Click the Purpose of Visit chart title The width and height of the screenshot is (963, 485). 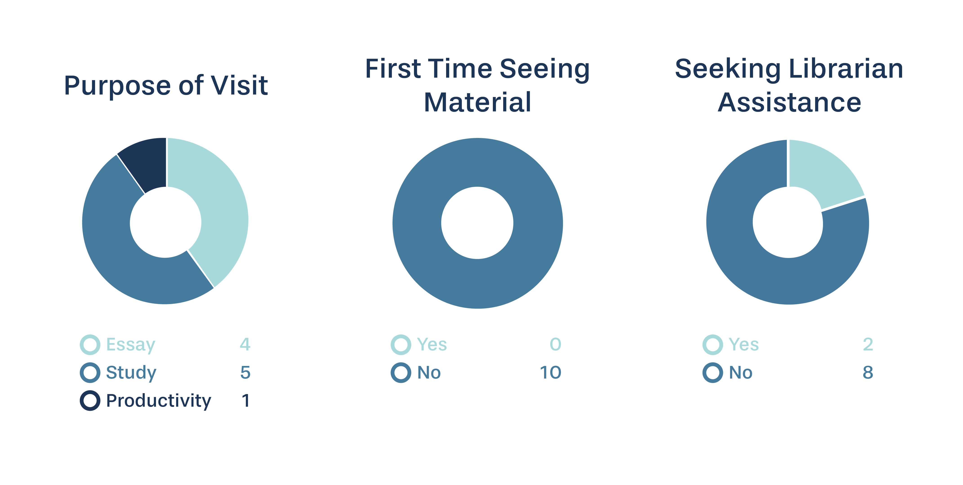166,86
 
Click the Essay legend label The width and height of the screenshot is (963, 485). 131,345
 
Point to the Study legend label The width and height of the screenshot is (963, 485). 131,373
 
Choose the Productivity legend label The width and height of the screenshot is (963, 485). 158,401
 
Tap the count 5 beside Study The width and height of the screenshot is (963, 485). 245,372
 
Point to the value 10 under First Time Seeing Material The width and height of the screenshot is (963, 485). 550,372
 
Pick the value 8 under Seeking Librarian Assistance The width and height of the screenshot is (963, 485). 868,372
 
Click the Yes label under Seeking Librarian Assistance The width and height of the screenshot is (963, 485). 744,344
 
